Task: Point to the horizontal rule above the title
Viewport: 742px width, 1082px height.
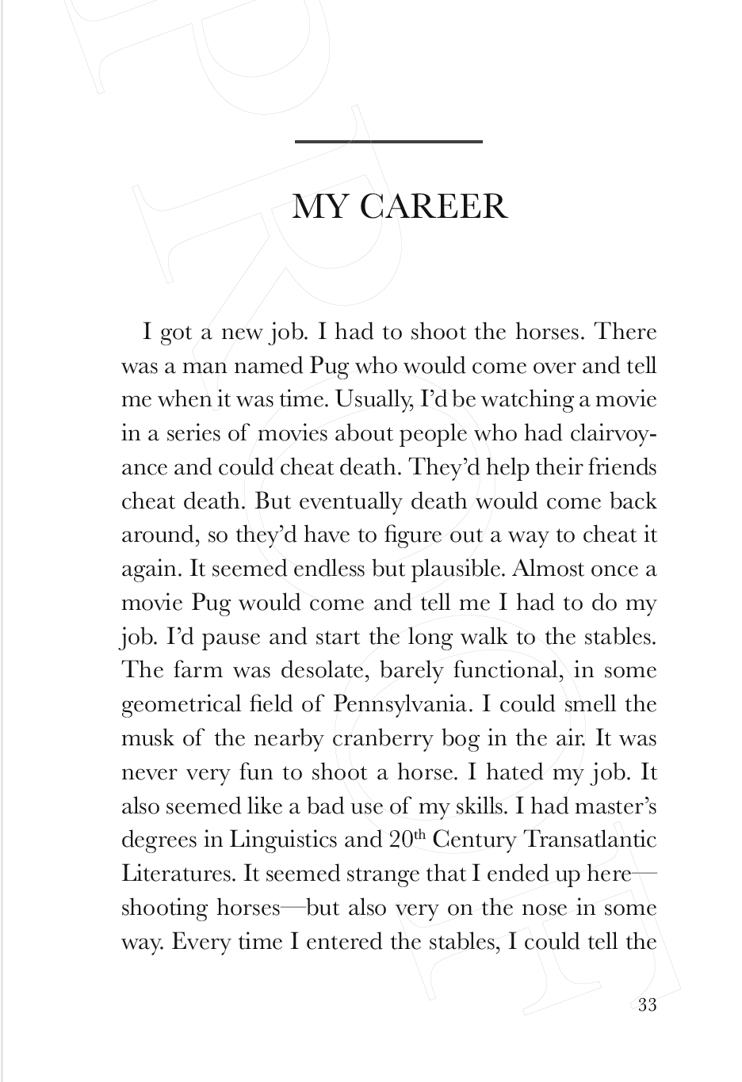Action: click(x=388, y=142)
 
